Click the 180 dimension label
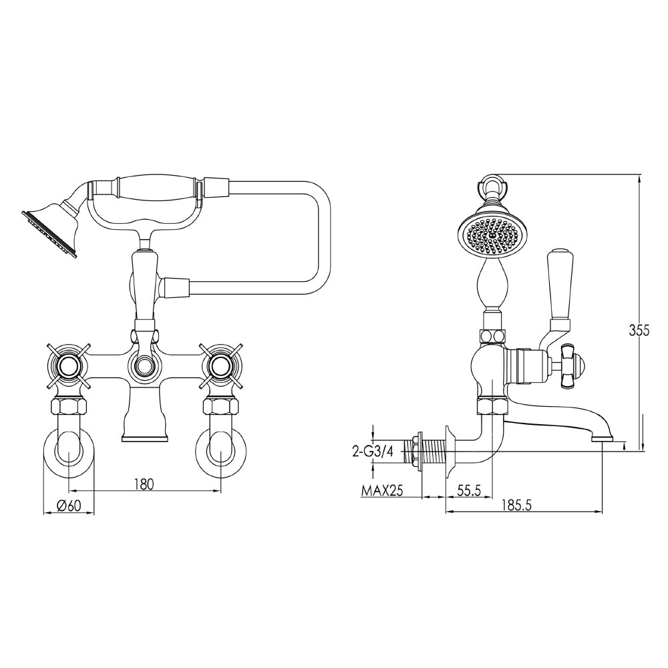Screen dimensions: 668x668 coord(143,484)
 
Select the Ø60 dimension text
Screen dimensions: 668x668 coord(69,506)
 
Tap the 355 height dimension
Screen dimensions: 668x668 coord(639,329)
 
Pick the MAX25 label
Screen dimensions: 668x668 coord(382,491)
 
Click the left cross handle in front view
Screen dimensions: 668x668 coord(68,365)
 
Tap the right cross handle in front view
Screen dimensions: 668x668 coord(220,365)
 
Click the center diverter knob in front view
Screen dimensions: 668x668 coord(144,365)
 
